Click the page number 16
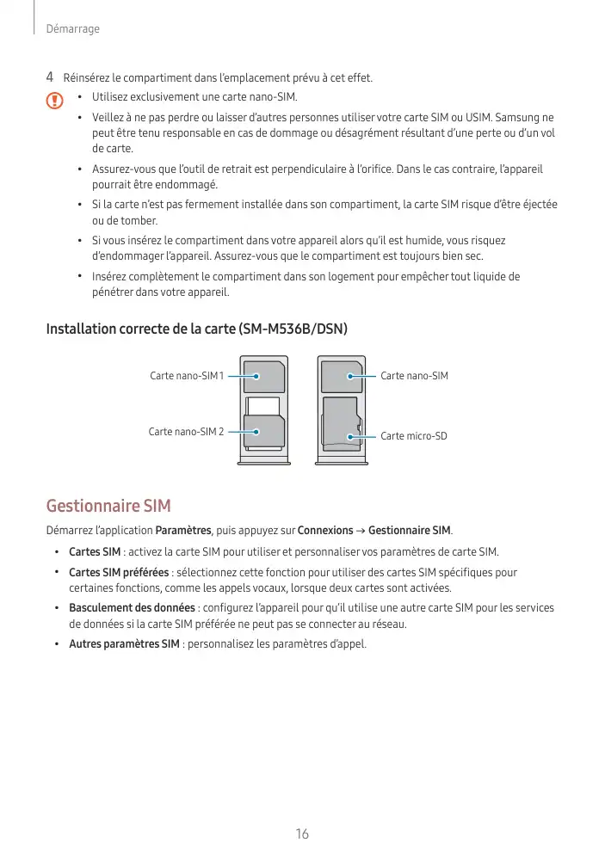coord(301,834)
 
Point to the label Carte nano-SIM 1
coord(186,376)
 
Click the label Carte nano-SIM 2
coord(186,431)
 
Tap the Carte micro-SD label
coord(414,436)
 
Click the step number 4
coord(49,78)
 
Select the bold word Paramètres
coord(182,529)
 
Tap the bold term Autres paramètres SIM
coord(124,644)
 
